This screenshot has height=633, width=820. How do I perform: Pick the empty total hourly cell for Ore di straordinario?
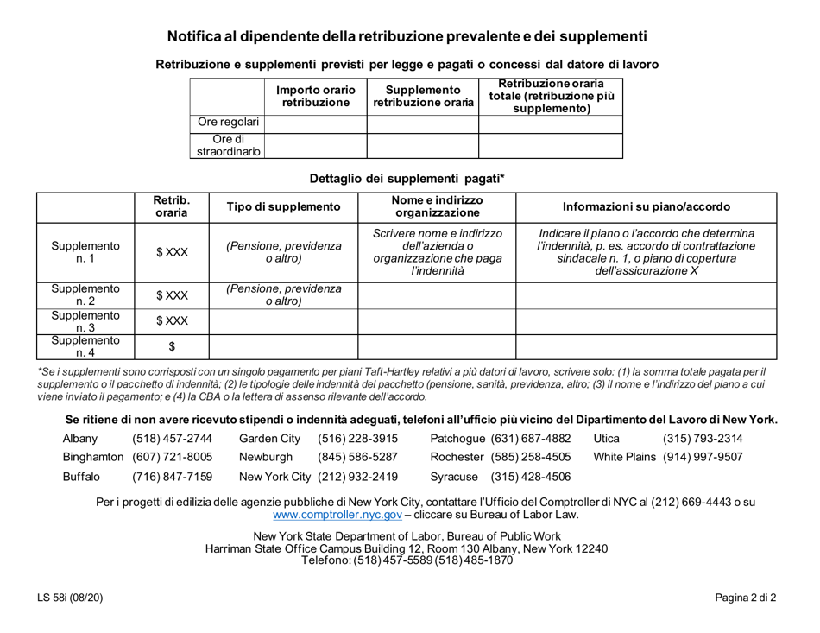click(x=549, y=146)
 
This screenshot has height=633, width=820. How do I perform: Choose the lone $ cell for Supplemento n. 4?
click(x=168, y=345)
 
